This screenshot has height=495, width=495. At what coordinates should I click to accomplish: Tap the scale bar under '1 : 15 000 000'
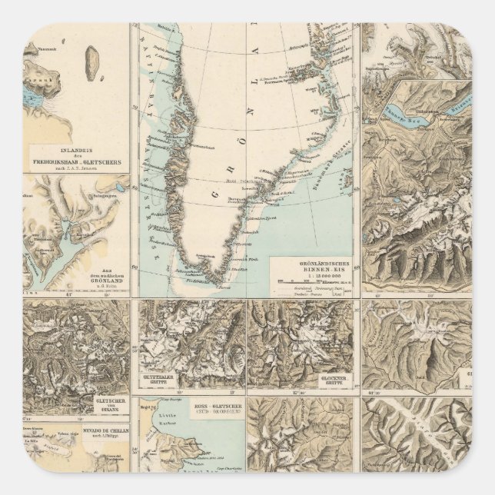[x=315, y=281]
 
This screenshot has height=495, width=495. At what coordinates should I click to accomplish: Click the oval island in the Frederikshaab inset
[x=94, y=59]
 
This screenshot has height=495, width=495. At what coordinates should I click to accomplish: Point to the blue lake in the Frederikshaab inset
[x=34, y=96]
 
